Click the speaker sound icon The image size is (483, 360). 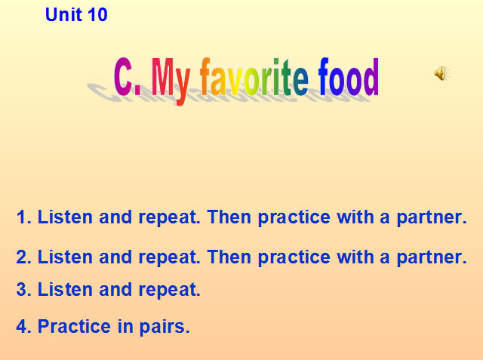point(441,73)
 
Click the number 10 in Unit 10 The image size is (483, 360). point(97,14)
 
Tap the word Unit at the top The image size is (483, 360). point(63,14)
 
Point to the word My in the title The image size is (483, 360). point(172,79)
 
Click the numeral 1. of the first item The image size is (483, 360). point(23,218)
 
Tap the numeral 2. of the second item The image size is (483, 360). point(23,257)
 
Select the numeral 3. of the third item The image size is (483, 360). point(23,289)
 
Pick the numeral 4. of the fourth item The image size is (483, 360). point(23,327)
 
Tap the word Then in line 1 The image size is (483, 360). point(229,218)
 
